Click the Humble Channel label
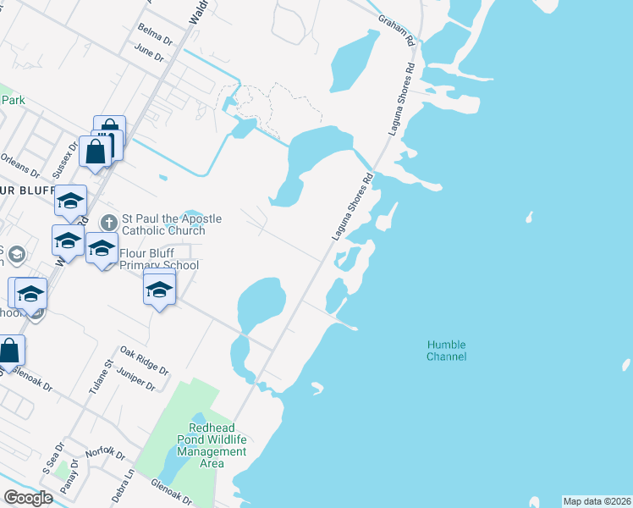point(447,351)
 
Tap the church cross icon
point(107,223)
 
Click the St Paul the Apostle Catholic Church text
point(172,224)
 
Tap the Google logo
point(28,498)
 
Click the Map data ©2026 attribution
point(597,501)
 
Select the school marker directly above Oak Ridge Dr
point(159,290)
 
